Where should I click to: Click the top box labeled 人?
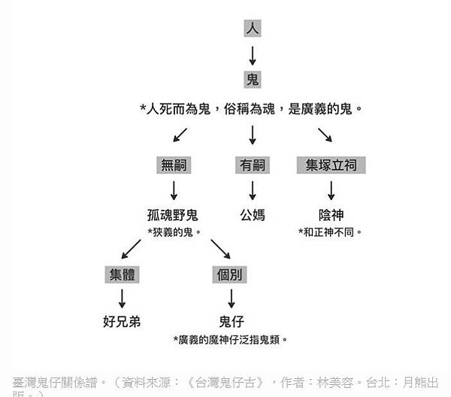[252, 29]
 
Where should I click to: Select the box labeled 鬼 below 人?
[252, 79]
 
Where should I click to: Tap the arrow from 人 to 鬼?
[252, 54]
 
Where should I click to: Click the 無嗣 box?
[174, 165]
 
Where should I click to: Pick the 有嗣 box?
[252, 165]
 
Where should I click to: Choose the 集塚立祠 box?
[331, 165]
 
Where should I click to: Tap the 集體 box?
[122, 274]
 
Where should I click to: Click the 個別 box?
[230, 274]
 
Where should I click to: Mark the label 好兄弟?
[122, 323]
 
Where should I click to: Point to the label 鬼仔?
[230, 323]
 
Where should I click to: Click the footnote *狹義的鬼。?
[174, 232]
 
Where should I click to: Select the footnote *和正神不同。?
[331, 232]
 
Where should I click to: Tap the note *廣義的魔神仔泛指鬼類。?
[230, 340]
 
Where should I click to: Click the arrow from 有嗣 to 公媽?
[252, 189]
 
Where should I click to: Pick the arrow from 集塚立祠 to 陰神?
[331, 189]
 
